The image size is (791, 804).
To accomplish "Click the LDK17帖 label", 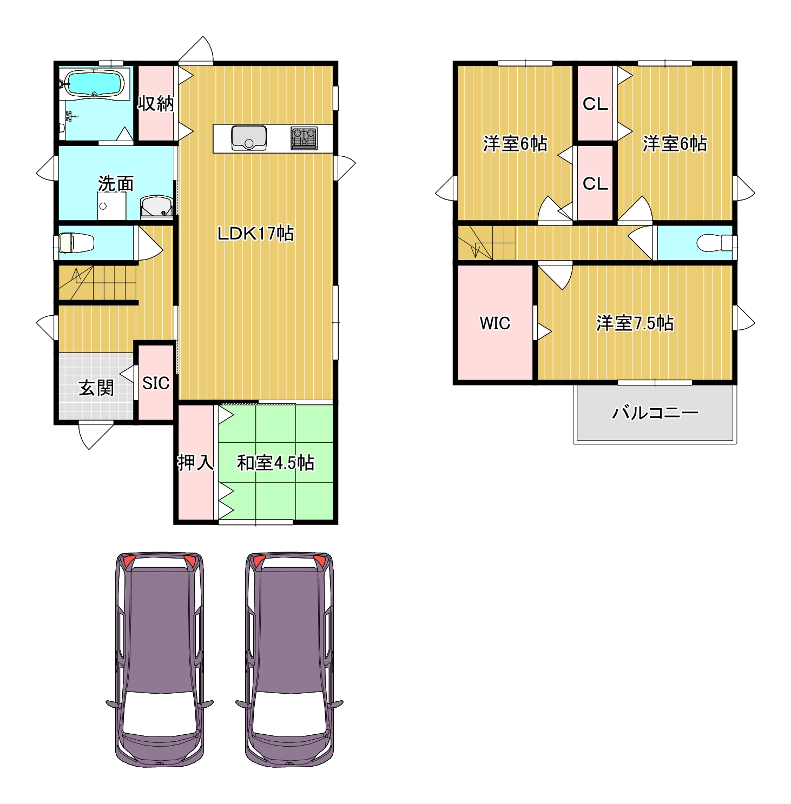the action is [255, 233].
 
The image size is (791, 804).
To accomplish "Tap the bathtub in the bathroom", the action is [95, 84].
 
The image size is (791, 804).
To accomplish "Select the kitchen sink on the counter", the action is [249, 138].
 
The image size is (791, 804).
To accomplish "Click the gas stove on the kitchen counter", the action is [304, 138].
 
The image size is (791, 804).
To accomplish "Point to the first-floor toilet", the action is [76, 243].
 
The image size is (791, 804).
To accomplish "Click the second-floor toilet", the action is [715, 243].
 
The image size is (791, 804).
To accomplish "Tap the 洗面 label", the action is [116, 183].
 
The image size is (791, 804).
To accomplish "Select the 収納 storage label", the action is [156, 103].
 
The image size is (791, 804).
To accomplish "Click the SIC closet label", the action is [156, 383].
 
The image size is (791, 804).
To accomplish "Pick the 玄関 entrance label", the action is [96, 388].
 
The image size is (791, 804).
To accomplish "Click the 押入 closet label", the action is [196, 462].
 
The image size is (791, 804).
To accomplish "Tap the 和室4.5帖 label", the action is [276, 462].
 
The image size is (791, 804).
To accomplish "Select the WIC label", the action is [495, 323].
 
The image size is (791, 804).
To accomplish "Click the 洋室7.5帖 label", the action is [635, 323].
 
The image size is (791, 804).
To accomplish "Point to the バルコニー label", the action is [655, 413].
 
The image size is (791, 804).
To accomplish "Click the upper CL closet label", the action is [595, 104].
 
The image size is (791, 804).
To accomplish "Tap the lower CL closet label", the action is [595, 184].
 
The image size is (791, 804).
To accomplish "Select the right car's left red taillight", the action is [259, 561].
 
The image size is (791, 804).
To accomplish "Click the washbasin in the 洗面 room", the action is [157, 207].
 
